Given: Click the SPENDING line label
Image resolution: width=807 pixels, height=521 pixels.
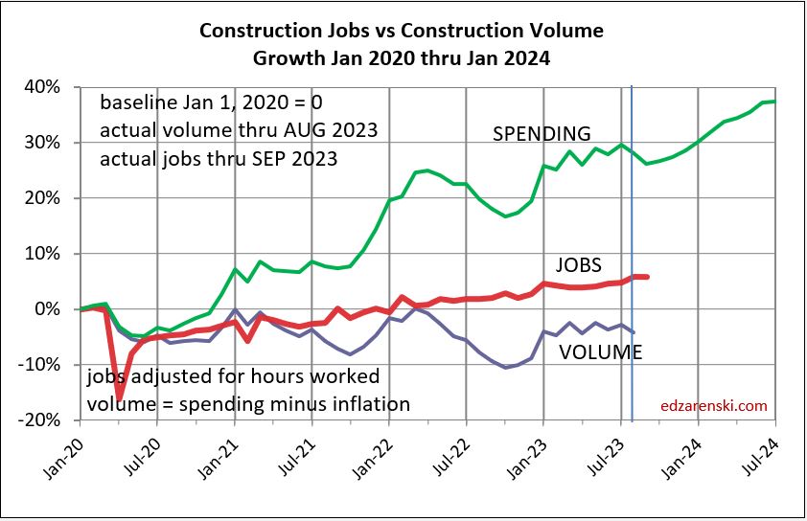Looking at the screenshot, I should (x=542, y=133).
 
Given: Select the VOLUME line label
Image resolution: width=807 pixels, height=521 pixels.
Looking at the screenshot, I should (x=601, y=351).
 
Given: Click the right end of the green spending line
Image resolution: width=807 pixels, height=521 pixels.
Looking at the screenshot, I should (x=773, y=102).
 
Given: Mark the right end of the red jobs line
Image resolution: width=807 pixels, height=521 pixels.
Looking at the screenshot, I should (x=647, y=277).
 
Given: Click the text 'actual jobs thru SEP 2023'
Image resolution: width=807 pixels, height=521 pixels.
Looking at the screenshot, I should (x=219, y=158).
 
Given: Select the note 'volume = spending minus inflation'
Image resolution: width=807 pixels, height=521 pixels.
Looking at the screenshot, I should (x=249, y=403).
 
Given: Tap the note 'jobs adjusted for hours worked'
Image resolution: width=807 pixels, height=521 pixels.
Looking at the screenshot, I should (x=233, y=375).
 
